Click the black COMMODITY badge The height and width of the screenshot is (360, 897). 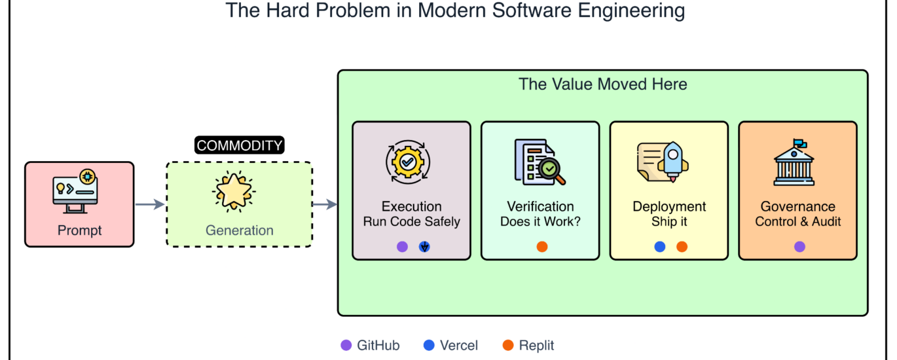pyautogui.click(x=240, y=145)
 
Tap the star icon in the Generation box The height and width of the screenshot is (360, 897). pyautogui.click(x=234, y=191)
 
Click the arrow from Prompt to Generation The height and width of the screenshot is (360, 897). pyautogui.click(x=150, y=204)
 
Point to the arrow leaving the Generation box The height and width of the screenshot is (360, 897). pyautogui.click(x=325, y=204)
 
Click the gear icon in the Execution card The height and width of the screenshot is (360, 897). pyautogui.click(x=408, y=162)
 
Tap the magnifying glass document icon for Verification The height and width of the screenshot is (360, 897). pyautogui.click(x=540, y=162)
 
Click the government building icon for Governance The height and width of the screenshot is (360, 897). pyautogui.click(x=794, y=162)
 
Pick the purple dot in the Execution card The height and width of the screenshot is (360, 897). pyautogui.click(x=402, y=247)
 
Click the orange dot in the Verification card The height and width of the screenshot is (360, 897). pyautogui.click(x=542, y=247)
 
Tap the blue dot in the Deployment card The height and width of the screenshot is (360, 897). pyautogui.click(x=659, y=247)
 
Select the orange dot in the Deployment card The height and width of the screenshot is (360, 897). pyautogui.click(x=682, y=247)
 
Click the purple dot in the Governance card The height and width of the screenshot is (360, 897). pyautogui.click(x=799, y=247)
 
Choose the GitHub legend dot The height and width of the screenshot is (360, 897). pyautogui.click(x=346, y=345)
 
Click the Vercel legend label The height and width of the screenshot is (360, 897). pyautogui.click(x=458, y=345)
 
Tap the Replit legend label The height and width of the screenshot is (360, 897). pyautogui.click(x=536, y=345)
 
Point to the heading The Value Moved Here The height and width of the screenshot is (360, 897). pyautogui.click(x=602, y=84)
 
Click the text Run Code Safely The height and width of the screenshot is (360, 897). pyautogui.click(x=411, y=221)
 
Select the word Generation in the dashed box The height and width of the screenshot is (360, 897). pyautogui.click(x=240, y=230)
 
